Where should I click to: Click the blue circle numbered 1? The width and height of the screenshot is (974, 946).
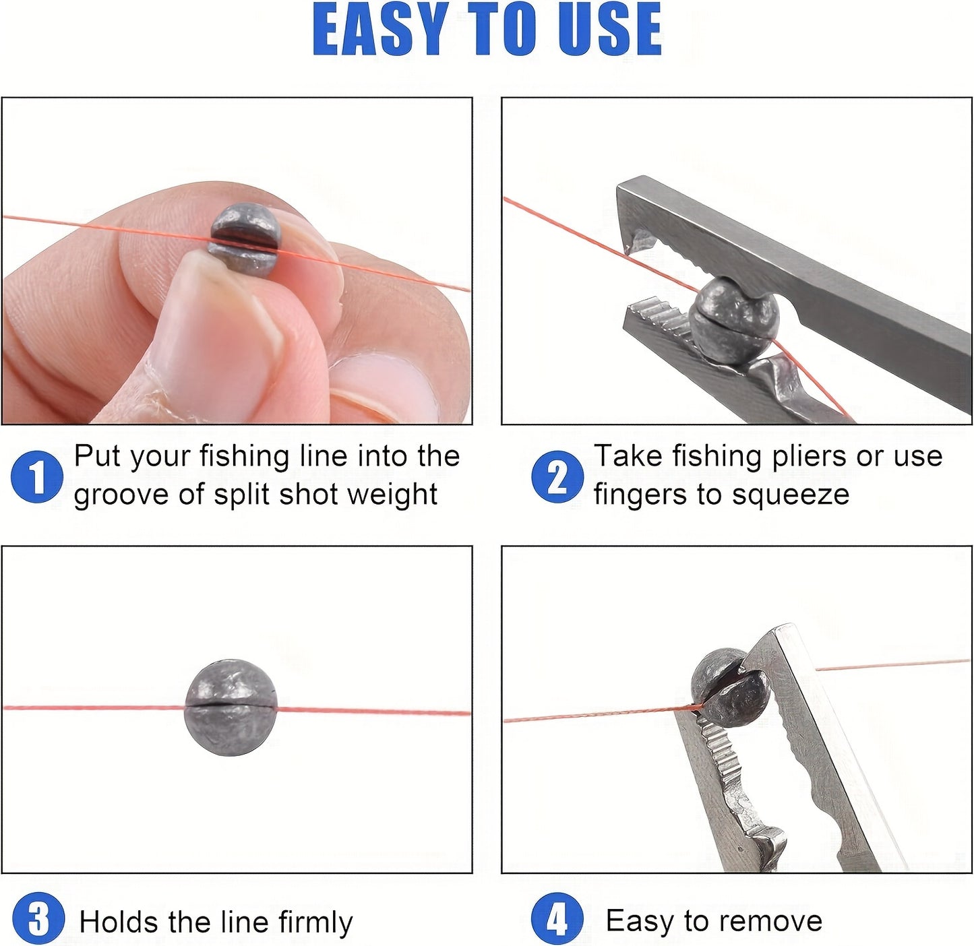tap(37, 477)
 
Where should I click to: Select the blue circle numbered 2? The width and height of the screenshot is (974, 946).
tap(557, 477)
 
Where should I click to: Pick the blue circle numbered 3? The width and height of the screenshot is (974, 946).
tap(38, 919)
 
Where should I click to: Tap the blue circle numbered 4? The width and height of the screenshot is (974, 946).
tap(557, 919)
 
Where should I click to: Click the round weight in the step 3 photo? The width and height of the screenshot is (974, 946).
tap(231, 707)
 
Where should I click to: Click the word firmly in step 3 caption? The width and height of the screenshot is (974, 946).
tap(315, 922)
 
